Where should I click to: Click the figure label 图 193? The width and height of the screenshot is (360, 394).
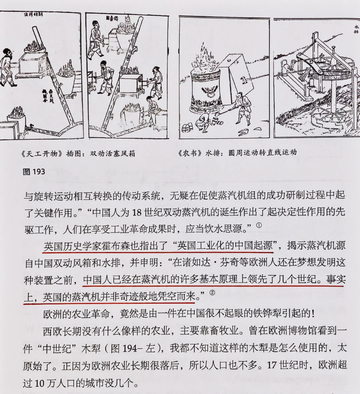[x=34, y=172]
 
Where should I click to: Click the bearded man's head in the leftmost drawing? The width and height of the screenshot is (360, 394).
[x=8, y=52]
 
